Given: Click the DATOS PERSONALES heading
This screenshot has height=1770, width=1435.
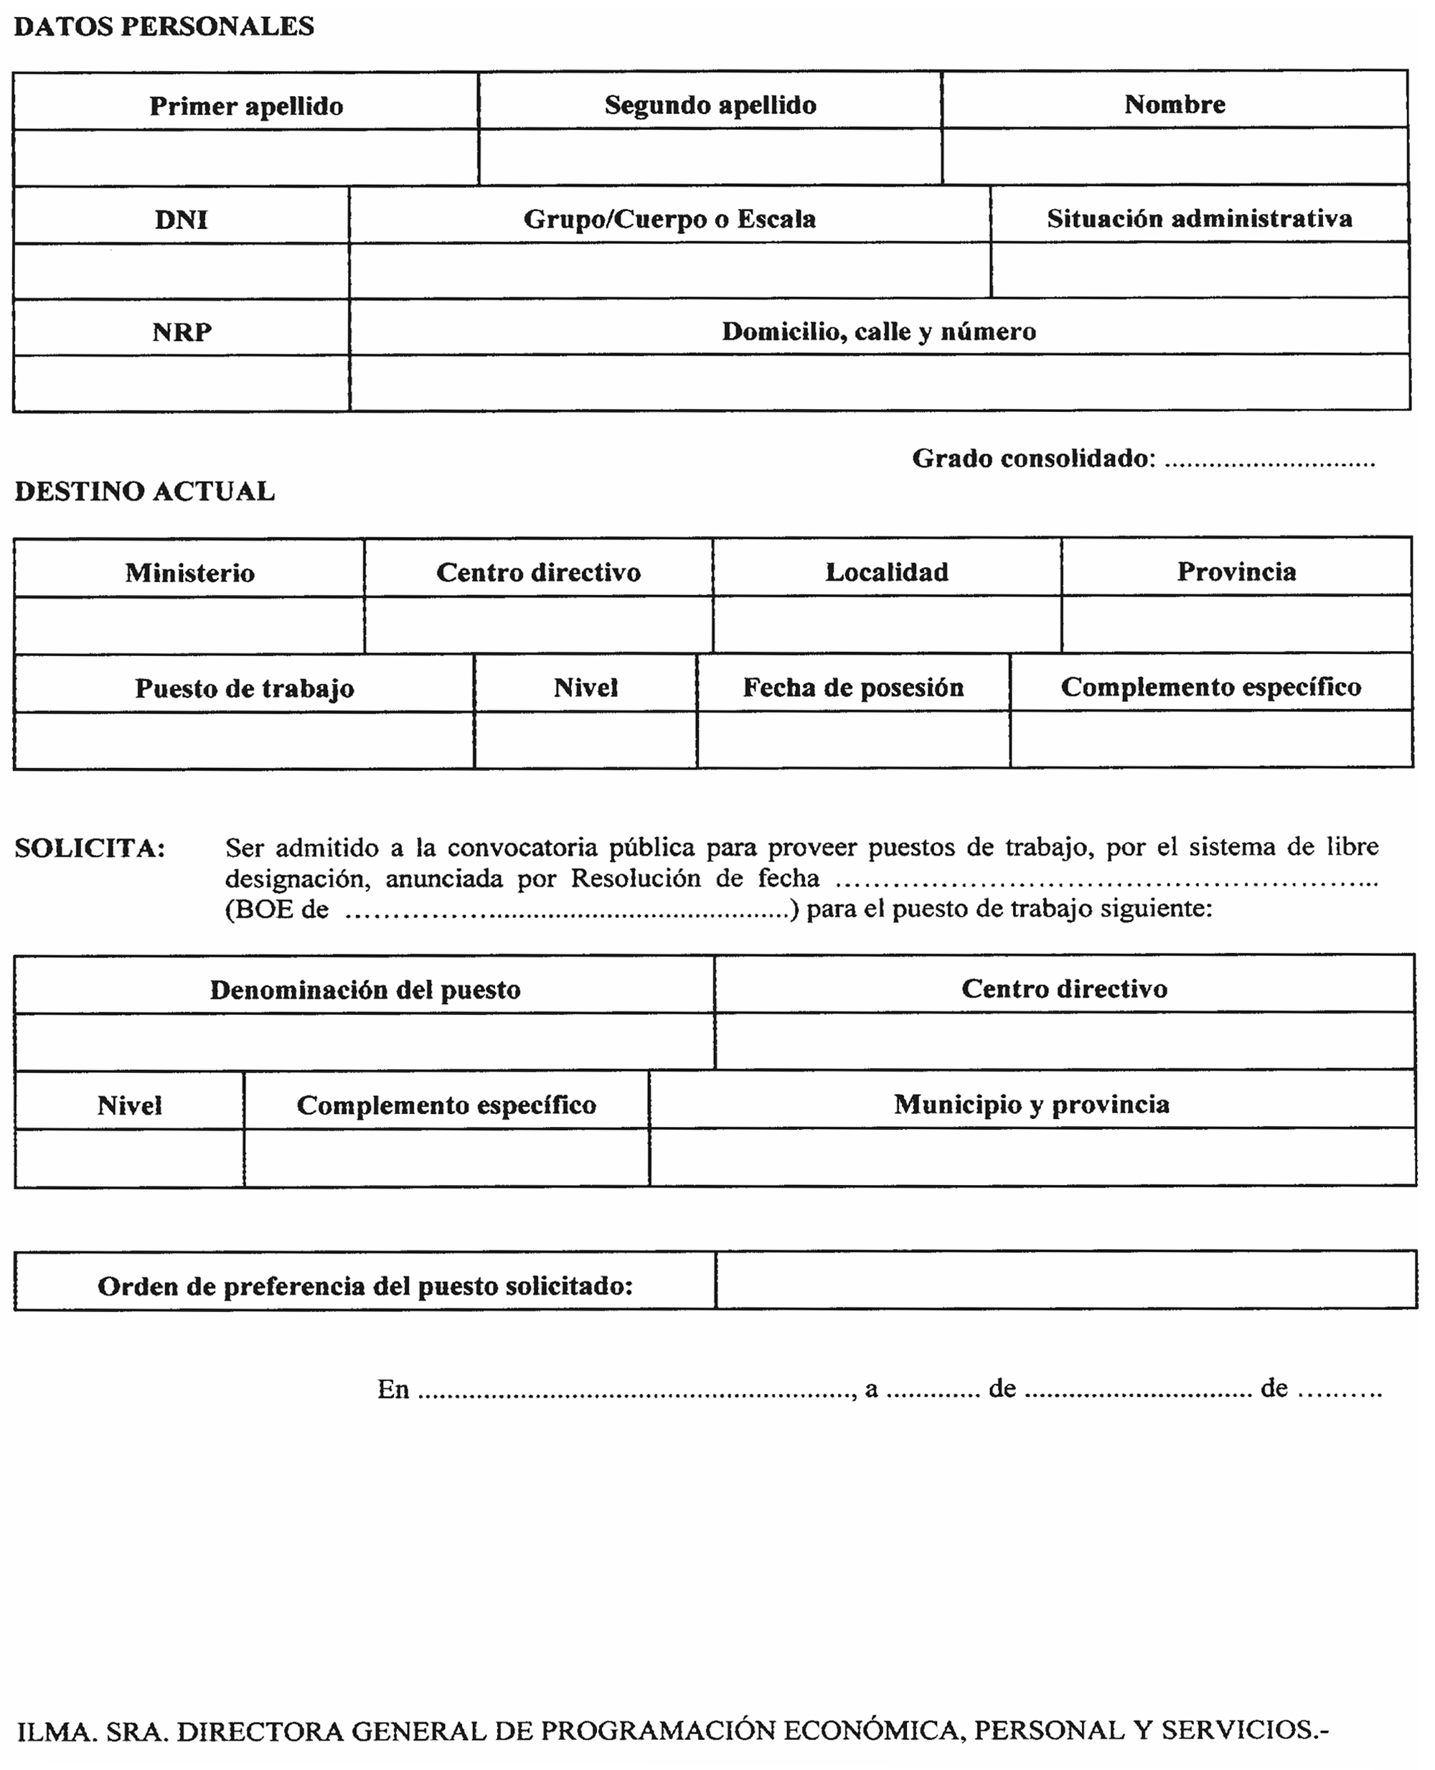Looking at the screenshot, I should tap(164, 27).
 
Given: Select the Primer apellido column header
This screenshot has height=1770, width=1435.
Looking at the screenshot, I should tap(245, 106).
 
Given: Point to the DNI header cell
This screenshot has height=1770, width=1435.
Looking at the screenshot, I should tap(181, 219).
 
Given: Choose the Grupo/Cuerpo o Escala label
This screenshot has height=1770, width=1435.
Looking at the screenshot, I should tap(669, 218).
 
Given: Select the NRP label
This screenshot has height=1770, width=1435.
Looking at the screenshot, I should tap(182, 332).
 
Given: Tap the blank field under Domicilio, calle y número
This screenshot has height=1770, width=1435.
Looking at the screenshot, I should tap(879, 383).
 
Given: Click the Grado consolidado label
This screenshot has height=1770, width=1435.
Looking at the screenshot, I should tap(1033, 458).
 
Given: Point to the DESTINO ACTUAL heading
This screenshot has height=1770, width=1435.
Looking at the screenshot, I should tap(145, 491).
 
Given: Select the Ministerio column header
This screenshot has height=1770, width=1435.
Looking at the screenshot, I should tap(189, 572).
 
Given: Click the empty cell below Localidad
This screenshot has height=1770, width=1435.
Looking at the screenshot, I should tap(886, 624).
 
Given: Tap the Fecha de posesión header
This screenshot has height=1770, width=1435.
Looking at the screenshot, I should tap(853, 687).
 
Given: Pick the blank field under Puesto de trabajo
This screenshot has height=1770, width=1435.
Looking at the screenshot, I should tap(244, 741).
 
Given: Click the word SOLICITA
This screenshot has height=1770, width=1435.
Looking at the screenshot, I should tap(89, 848).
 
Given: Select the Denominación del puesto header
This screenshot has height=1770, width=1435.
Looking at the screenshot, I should tap(364, 990).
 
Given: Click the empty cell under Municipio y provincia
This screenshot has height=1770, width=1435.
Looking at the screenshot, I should tap(1032, 1158).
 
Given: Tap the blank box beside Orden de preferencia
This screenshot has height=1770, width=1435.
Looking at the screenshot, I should tap(1065, 1280).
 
